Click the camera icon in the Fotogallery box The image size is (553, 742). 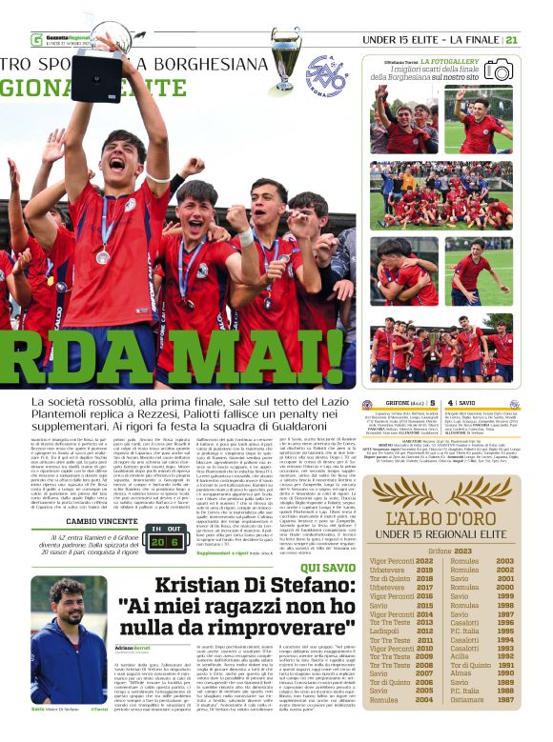tap(498, 70)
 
